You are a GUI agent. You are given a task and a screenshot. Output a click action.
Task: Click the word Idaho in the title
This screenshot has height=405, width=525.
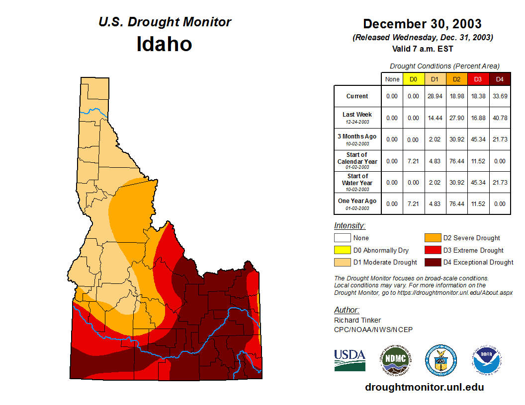[164, 44]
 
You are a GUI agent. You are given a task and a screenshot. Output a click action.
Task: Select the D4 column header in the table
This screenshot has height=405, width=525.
[500, 79]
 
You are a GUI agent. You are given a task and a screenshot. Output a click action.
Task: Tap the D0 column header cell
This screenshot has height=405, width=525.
[414, 79]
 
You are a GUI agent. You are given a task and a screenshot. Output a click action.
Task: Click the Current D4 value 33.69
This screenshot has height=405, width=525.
[500, 96]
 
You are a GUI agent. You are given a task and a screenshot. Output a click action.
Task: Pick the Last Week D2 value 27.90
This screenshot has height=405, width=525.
[456, 118]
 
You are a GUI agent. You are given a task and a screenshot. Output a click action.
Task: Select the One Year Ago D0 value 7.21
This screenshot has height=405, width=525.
[414, 203]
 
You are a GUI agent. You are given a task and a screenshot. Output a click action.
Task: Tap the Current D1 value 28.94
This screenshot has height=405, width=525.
[435, 96]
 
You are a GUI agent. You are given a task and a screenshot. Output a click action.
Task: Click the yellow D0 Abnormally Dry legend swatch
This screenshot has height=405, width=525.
[342, 250]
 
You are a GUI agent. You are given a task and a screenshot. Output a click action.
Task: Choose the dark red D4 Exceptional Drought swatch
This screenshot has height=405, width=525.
[433, 262]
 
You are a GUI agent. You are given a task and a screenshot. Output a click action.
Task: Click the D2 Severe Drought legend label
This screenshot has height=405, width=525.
[471, 238]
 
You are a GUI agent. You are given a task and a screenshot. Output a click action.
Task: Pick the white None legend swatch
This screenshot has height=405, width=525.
[342, 238]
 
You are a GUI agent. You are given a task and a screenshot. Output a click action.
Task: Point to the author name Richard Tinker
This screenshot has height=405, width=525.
[357, 320]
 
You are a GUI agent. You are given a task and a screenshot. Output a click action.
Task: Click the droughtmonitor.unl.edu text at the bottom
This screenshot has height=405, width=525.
[424, 387]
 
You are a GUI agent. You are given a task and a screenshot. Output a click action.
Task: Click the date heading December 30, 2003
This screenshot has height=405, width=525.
[422, 24]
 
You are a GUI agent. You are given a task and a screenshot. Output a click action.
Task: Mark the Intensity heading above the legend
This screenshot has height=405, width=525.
[350, 226]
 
